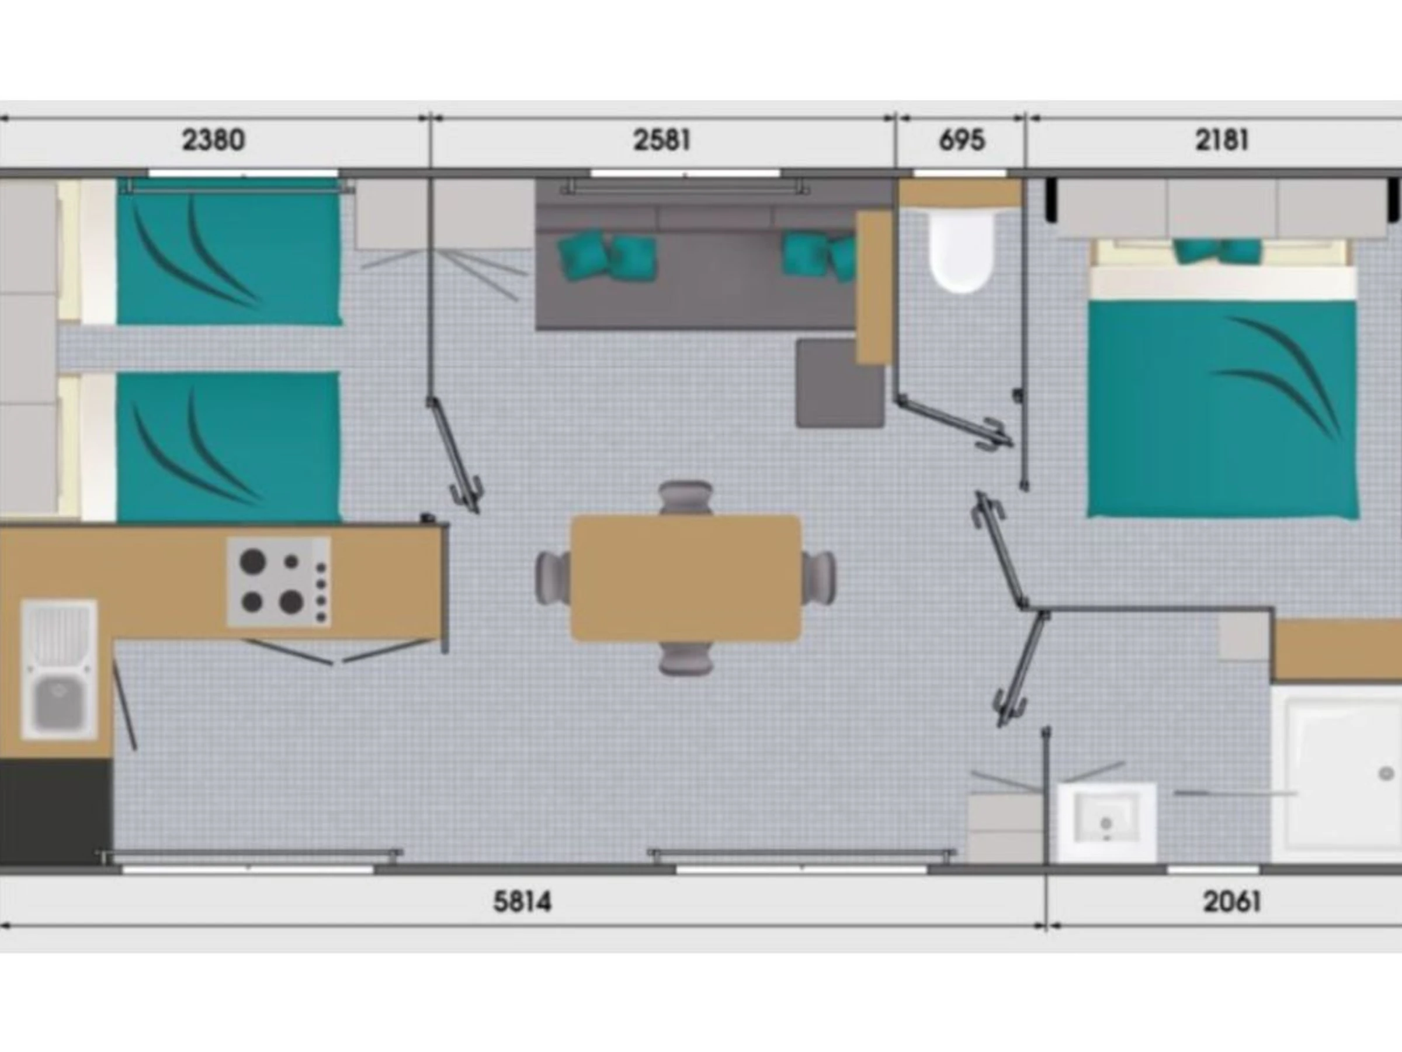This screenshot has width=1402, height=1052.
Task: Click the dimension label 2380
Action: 213,140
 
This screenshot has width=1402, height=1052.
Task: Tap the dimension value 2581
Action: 661,140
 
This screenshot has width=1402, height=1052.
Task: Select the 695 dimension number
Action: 962,140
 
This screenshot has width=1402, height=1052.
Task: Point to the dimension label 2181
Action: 1222,140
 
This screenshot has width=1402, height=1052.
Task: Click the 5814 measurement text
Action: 522,901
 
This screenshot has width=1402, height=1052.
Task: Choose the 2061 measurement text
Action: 1232,901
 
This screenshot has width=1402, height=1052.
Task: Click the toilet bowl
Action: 960,251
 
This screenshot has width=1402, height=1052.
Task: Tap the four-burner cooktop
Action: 279,582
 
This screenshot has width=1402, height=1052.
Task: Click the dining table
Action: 685,577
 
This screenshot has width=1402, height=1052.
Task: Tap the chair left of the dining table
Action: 553,577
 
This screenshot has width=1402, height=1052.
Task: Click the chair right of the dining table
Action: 818,577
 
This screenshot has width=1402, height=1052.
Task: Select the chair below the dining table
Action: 685,658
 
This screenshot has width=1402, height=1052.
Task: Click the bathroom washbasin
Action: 1106,822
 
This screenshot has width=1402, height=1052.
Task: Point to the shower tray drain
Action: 1386,774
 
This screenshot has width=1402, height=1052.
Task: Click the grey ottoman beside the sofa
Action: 840,383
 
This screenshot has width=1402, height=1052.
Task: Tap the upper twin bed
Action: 229,252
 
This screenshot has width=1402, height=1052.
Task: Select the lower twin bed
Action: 229,447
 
